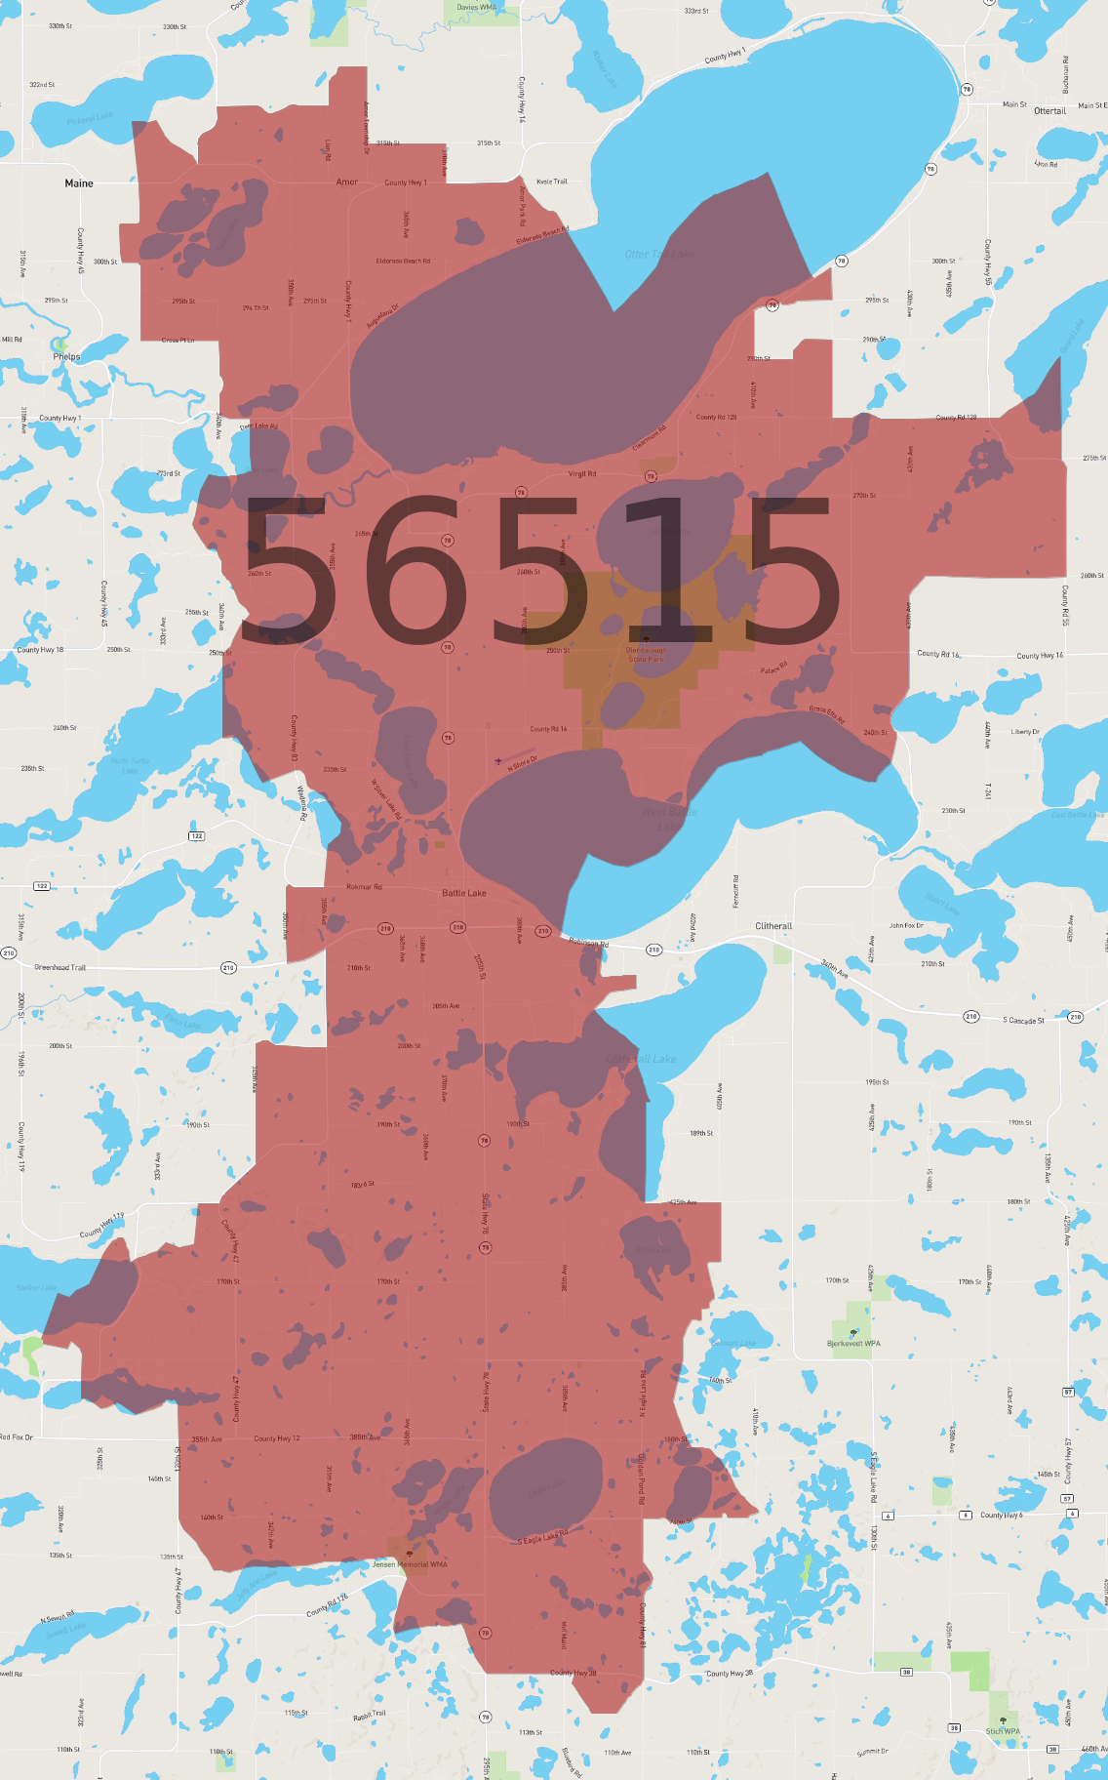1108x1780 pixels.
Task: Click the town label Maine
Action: [x=79, y=183]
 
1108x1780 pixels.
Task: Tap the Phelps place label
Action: [x=66, y=357]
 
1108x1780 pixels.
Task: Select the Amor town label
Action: [x=347, y=182]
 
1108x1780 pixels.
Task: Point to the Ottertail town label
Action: [x=1049, y=111]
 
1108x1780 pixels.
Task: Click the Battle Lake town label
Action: [x=464, y=893]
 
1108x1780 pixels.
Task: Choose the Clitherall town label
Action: [x=773, y=926]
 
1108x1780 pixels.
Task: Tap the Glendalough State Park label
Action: [x=646, y=654]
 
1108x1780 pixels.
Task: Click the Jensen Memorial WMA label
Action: [x=410, y=1564]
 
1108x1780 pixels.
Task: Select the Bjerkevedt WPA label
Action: [x=853, y=1344]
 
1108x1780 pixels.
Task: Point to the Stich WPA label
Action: [x=1002, y=1731]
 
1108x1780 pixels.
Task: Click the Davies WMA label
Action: [x=476, y=8]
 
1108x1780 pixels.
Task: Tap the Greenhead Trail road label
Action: [x=60, y=967]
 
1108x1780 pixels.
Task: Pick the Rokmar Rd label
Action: [x=364, y=887]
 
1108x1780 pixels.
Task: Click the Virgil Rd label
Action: [x=582, y=474]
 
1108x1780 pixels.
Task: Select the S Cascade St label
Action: [x=1023, y=1021]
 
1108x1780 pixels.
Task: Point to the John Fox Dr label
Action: [x=907, y=925]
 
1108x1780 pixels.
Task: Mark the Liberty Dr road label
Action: [x=1025, y=732]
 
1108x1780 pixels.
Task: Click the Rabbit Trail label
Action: [x=370, y=1715]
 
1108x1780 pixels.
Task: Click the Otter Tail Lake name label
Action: [x=659, y=255]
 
